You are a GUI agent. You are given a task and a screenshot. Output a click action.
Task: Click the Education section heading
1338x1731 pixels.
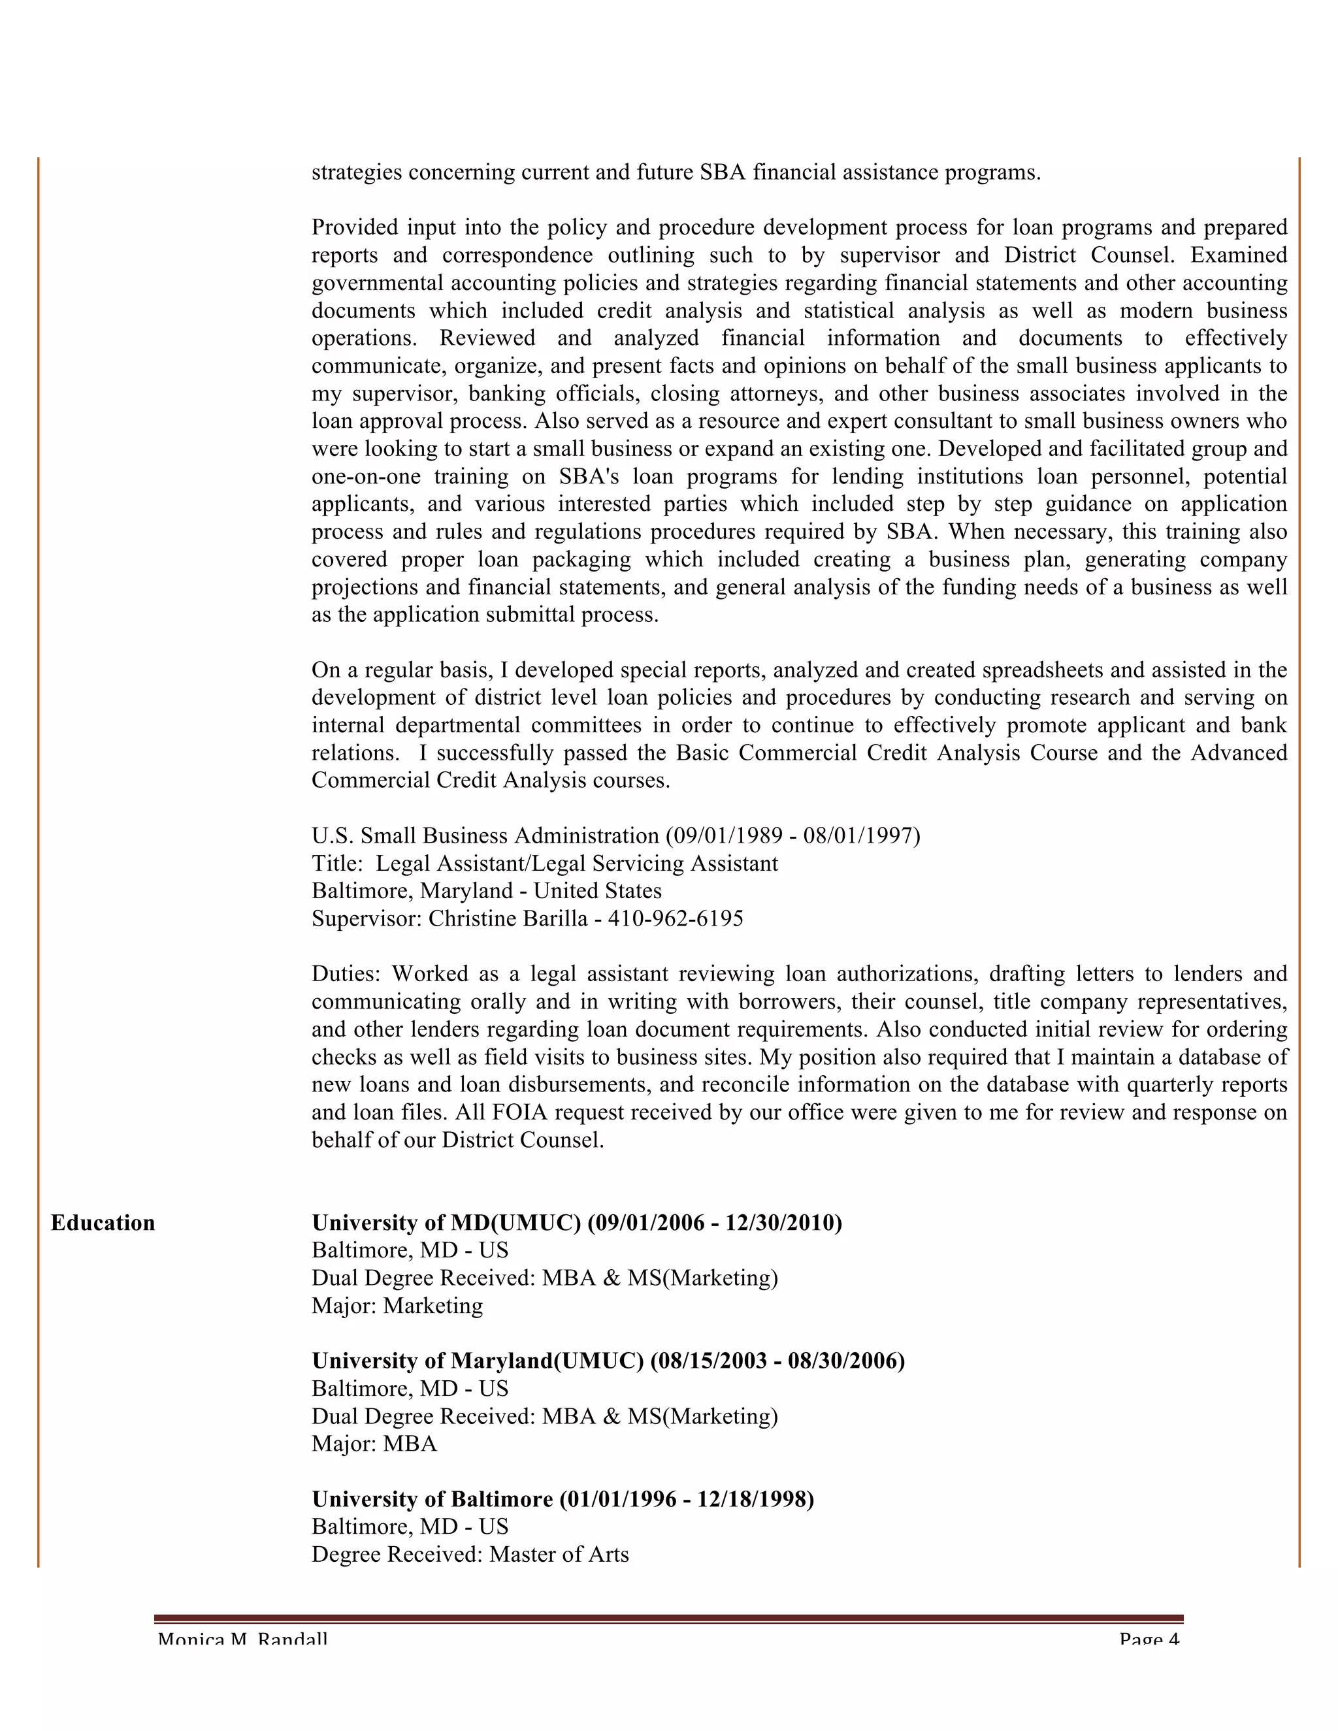[x=103, y=1223]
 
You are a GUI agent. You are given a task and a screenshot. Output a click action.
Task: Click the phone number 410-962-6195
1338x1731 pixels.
[x=676, y=918]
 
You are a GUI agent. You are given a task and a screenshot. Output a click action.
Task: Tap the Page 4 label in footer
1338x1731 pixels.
[x=1149, y=1639]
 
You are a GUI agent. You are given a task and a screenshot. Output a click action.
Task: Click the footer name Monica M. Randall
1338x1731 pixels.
[x=242, y=1639]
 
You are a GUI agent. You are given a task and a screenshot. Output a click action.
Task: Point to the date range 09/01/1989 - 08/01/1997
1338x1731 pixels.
[x=792, y=835]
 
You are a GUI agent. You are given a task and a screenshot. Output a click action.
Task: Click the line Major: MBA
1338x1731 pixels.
[x=374, y=1444]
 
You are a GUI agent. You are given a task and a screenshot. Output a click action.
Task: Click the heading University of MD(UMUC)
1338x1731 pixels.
[x=446, y=1223]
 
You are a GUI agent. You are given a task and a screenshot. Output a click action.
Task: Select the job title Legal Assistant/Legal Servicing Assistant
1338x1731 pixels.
[x=577, y=863]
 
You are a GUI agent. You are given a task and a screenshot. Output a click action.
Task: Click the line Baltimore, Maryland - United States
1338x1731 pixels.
[x=487, y=891]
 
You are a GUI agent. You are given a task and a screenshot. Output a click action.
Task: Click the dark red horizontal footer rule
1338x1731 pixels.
[x=668, y=1617]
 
